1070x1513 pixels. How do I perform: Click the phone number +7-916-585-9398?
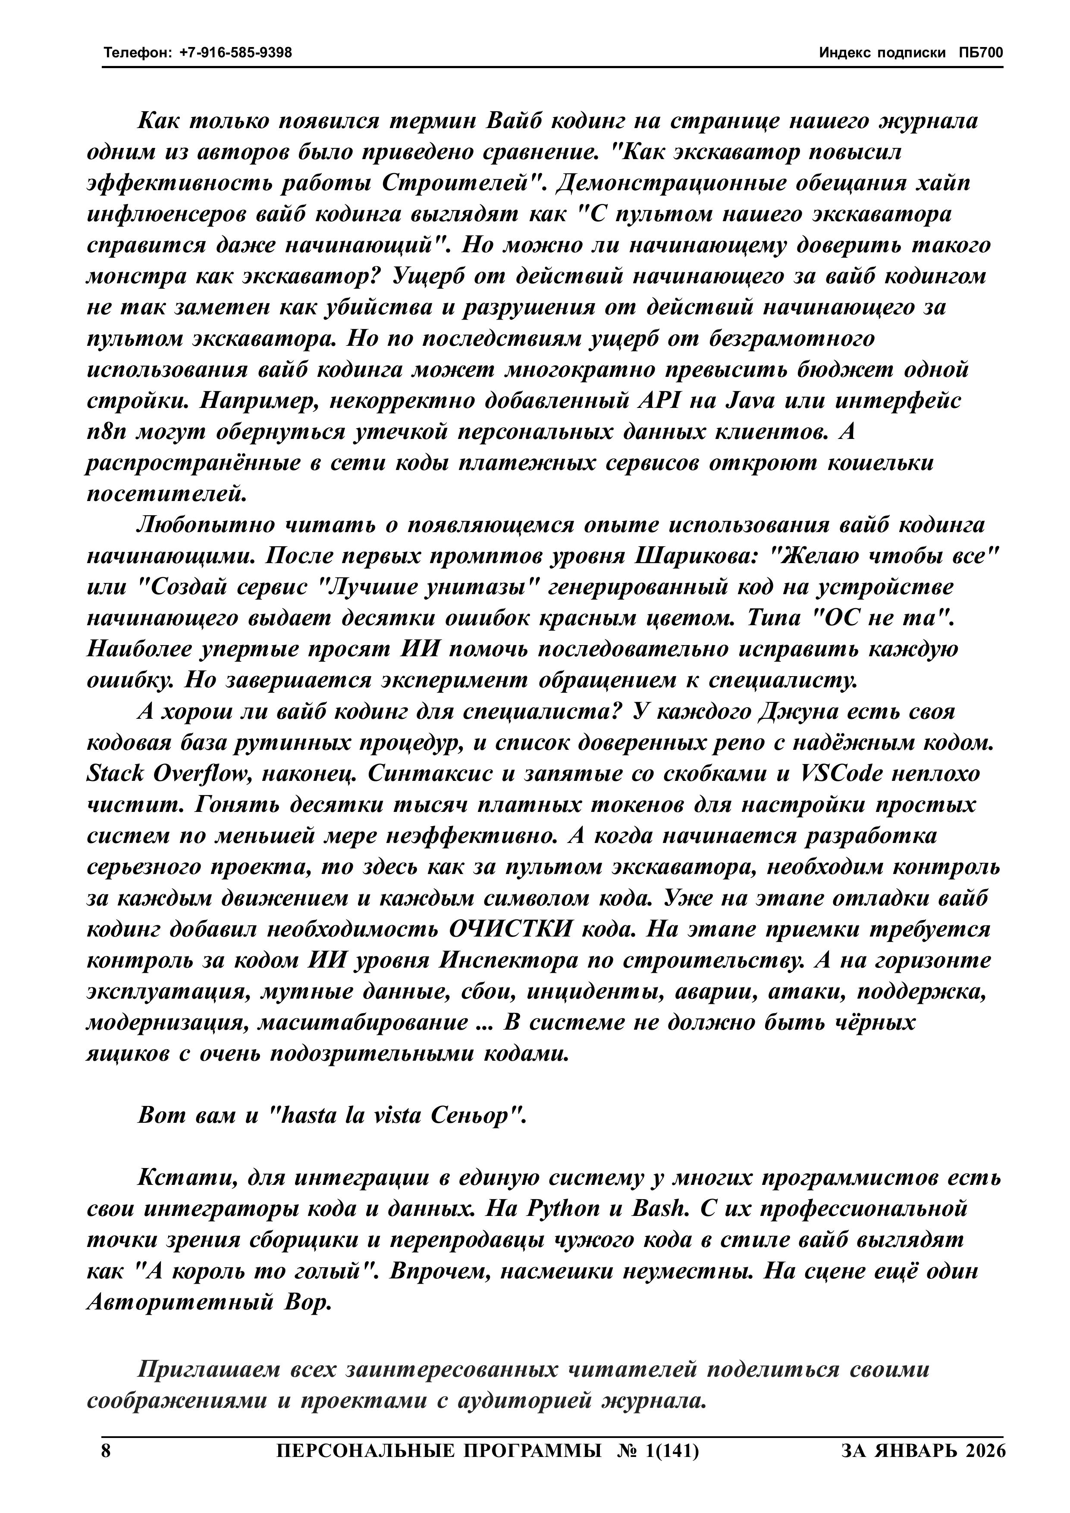click(x=235, y=52)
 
